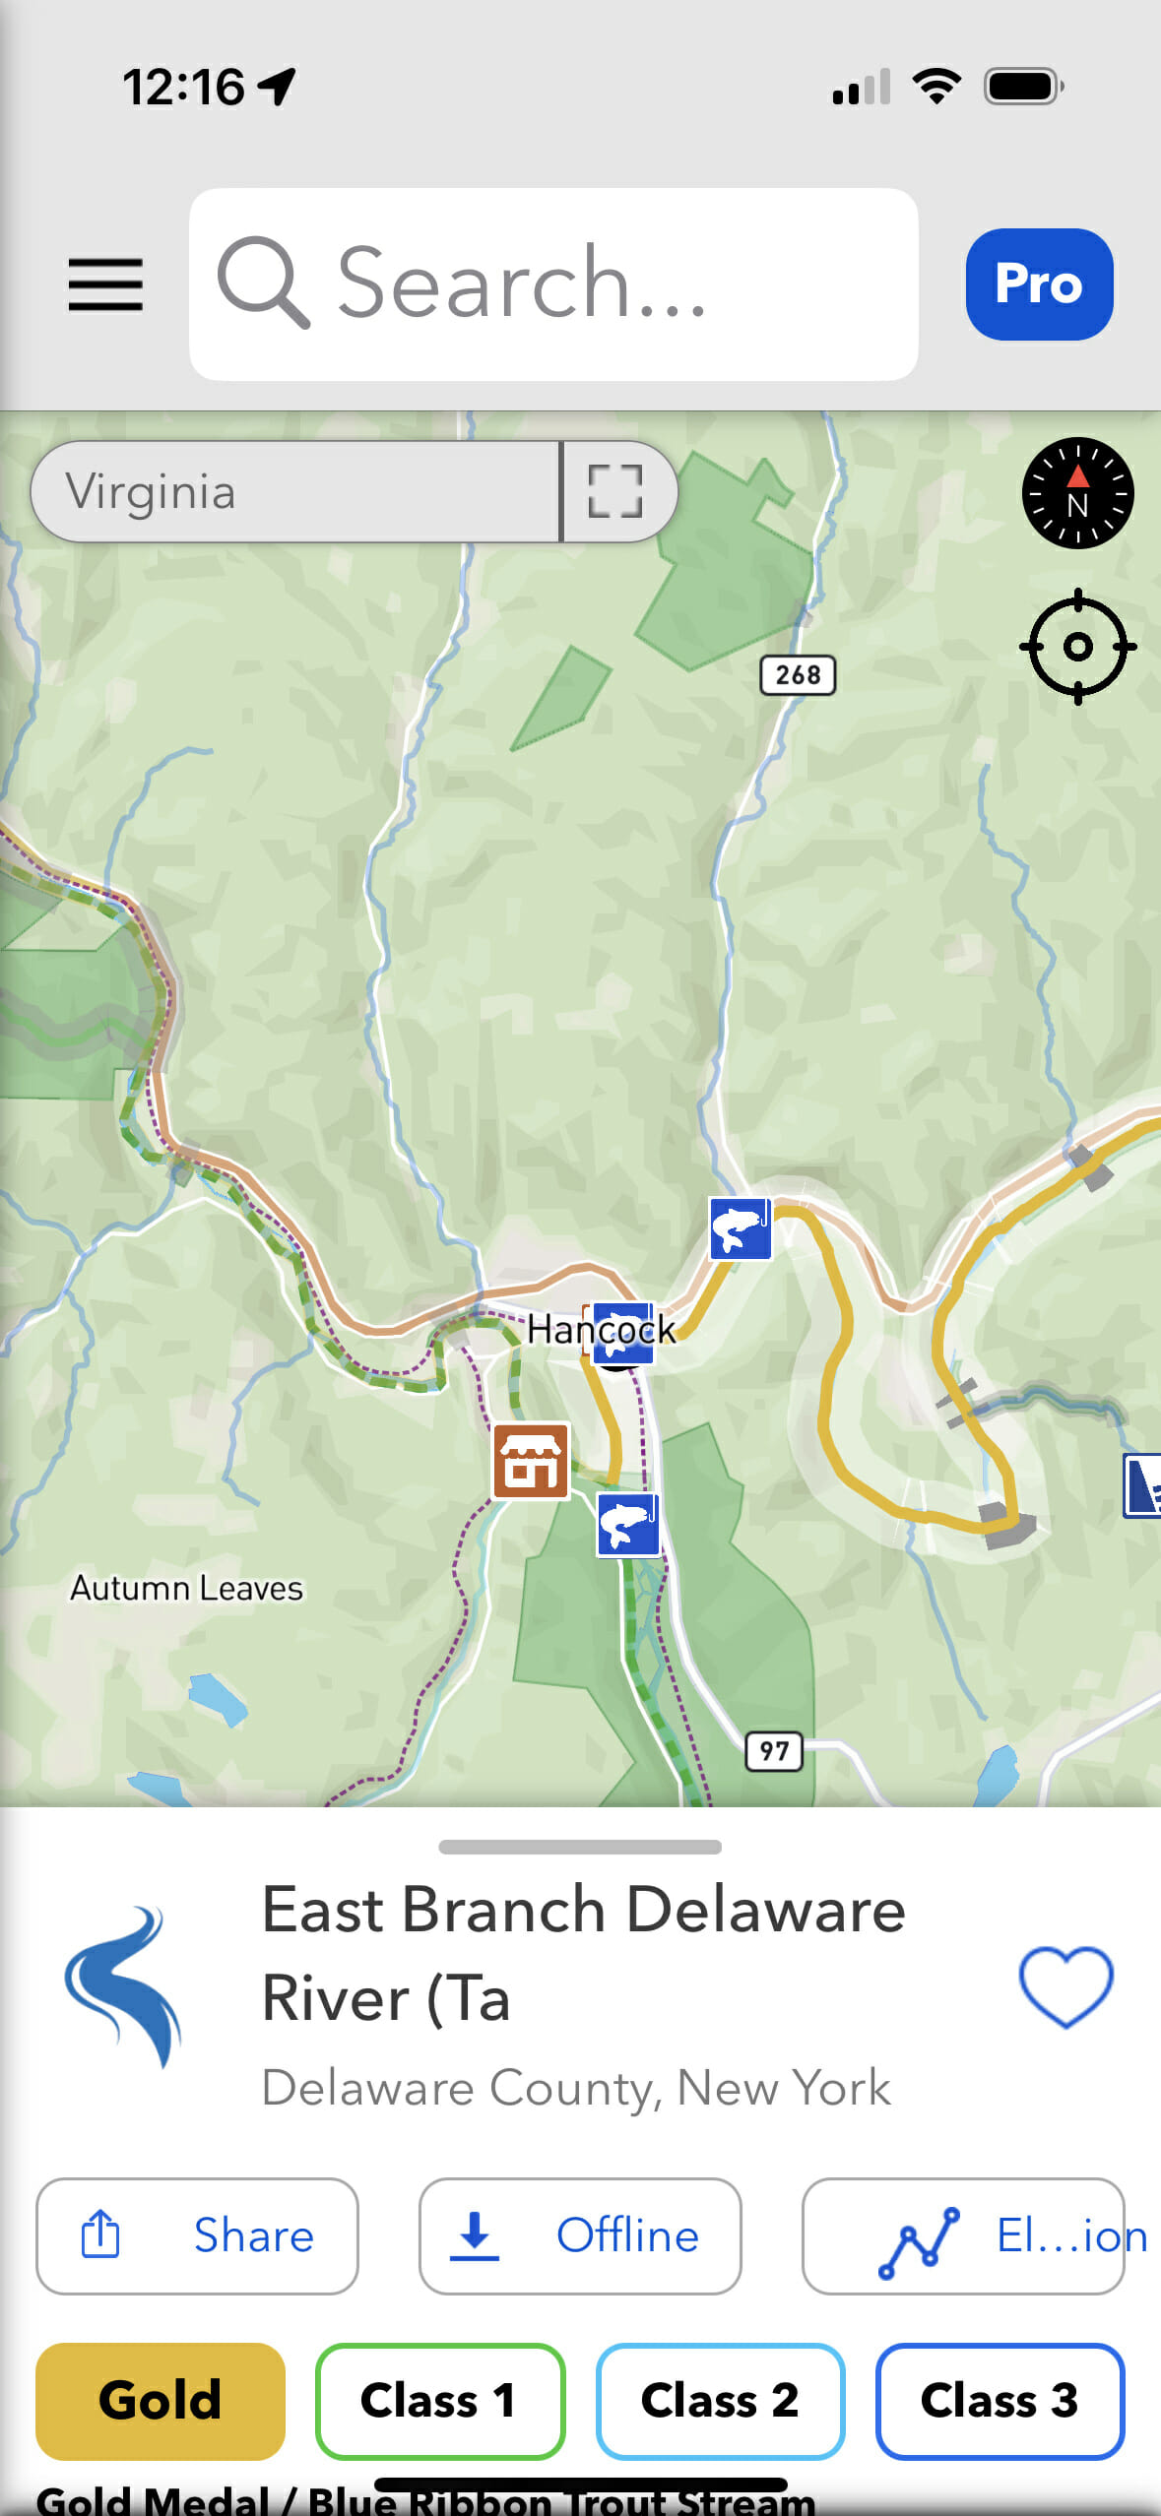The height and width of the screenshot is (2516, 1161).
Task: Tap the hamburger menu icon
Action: tap(105, 284)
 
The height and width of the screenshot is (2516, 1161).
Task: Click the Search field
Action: tap(553, 284)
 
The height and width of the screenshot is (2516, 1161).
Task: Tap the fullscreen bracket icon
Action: tap(616, 491)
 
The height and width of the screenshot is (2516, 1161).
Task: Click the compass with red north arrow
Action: tap(1077, 493)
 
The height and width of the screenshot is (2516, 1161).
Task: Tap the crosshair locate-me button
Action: tap(1077, 647)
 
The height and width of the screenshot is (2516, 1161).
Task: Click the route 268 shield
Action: tap(798, 675)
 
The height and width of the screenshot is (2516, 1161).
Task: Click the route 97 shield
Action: tap(774, 1751)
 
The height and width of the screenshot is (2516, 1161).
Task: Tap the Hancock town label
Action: tap(601, 1330)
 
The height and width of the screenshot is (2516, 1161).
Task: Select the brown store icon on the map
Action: tap(531, 1462)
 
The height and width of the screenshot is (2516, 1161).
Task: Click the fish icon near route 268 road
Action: tap(741, 1228)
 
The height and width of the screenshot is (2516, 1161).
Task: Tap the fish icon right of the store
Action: tap(628, 1525)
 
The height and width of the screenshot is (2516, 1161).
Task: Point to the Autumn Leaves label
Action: tap(186, 1588)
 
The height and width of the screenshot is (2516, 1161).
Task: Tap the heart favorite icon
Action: tap(1065, 1986)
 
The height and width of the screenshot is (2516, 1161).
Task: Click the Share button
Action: tap(197, 2235)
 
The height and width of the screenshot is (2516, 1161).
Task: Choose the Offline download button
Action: tap(580, 2235)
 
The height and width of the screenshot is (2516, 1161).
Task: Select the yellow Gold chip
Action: tap(161, 2400)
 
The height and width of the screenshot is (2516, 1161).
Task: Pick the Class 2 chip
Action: tap(720, 2400)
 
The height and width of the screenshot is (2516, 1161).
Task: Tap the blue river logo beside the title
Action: tap(123, 1986)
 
